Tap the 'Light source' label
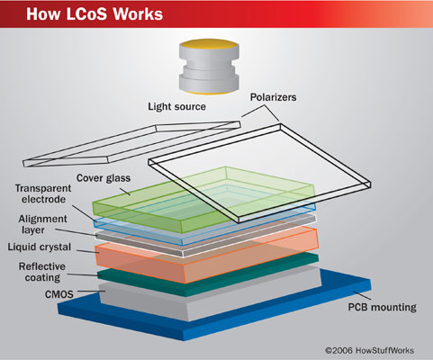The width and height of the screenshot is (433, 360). click(177, 107)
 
